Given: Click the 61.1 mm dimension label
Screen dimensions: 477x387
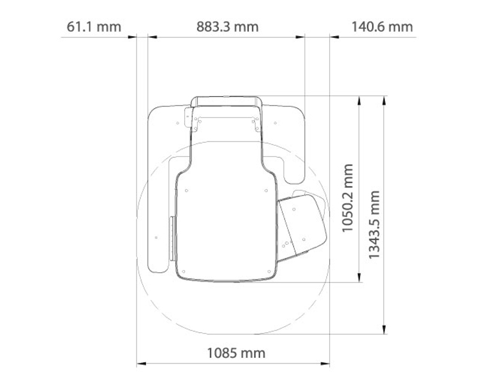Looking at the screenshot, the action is click(x=93, y=27).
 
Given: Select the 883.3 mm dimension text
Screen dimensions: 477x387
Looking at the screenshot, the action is click(x=228, y=27).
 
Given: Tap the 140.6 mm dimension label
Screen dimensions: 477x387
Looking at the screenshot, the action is click(x=382, y=27).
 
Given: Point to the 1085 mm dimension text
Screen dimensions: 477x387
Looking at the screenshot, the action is click(x=236, y=353).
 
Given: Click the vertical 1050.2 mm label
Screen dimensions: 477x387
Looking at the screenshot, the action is click(x=347, y=198).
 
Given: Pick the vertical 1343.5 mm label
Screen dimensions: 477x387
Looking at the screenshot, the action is click(x=374, y=225).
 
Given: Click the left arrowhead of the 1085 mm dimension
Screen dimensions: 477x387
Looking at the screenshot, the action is click(x=141, y=363).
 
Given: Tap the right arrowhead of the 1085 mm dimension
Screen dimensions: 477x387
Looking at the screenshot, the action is click(x=325, y=363).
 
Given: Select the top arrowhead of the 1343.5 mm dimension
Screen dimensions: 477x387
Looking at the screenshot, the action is click(x=384, y=101).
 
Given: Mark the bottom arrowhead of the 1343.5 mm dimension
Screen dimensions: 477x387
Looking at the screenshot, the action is click(x=384, y=329).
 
